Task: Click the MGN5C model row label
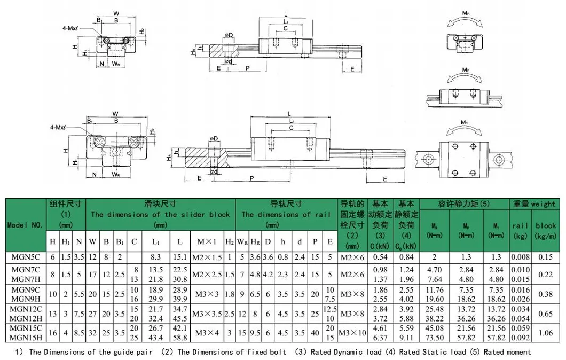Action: [x=26, y=257]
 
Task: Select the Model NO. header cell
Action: [x=25, y=225]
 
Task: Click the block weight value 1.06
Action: [x=546, y=334]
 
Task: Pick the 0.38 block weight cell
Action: [x=546, y=293]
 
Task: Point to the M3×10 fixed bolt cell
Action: [x=352, y=334]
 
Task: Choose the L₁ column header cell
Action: [x=156, y=241]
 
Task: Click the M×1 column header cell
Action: [x=202, y=241]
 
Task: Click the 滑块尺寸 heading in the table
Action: [x=160, y=204]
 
